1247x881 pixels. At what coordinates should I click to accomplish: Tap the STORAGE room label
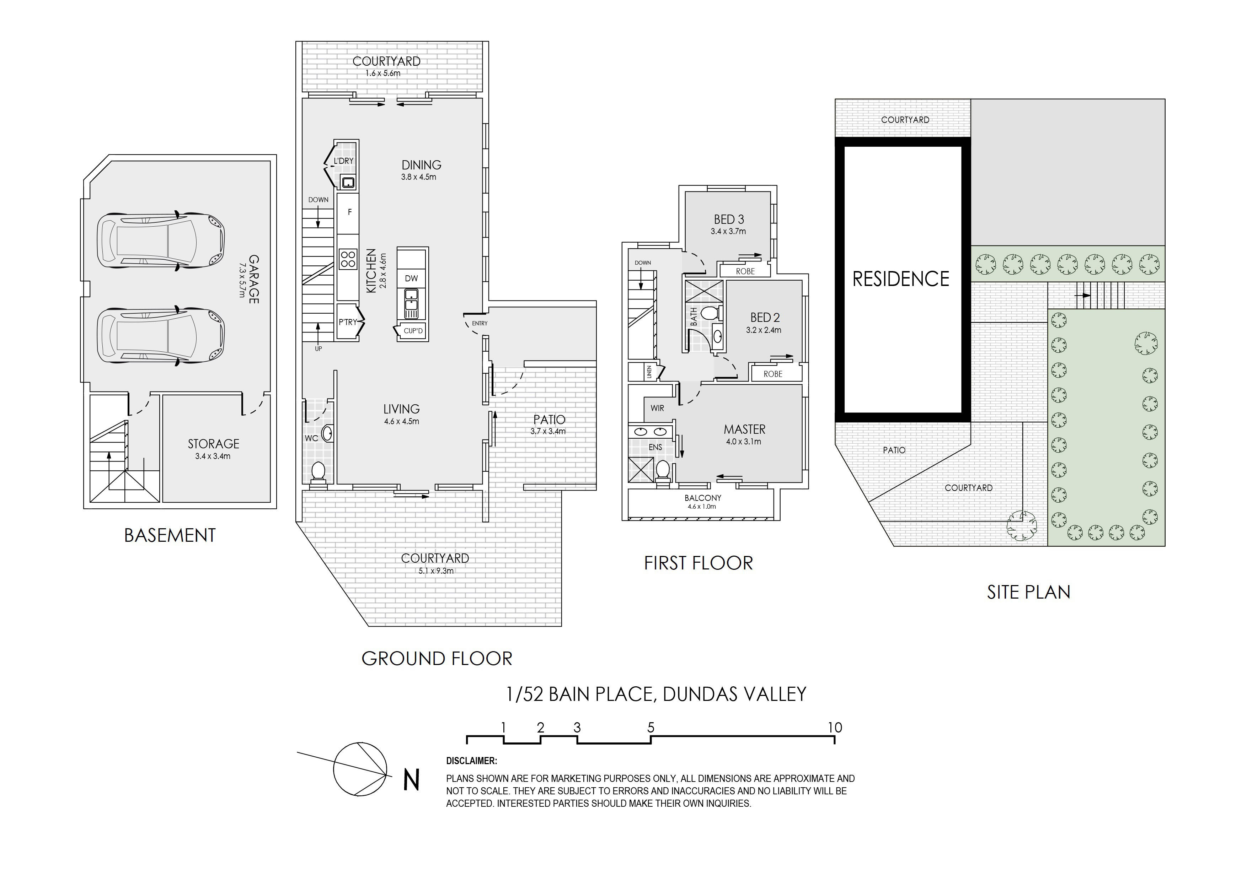[213, 443]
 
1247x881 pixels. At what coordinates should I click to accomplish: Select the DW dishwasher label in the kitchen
[412, 279]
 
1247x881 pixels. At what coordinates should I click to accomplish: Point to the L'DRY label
[343, 161]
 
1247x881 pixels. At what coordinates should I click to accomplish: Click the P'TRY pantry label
[348, 322]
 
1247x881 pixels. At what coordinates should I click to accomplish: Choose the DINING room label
[422, 164]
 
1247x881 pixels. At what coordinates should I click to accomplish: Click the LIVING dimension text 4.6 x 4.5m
[401, 421]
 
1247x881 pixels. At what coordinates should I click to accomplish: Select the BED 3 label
[729, 219]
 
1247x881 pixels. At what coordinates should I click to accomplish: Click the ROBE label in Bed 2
[773, 374]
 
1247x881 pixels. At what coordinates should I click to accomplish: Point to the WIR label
[657, 408]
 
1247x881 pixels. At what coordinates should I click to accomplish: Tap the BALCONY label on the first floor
[703, 498]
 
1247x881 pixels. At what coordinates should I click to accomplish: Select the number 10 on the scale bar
[835, 728]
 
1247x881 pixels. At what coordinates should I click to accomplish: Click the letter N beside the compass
[412, 780]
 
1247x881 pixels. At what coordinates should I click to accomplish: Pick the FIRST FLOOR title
[699, 563]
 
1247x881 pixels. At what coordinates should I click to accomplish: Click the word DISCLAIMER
[471, 761]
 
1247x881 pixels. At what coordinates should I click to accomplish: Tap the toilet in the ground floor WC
[318, 472]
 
